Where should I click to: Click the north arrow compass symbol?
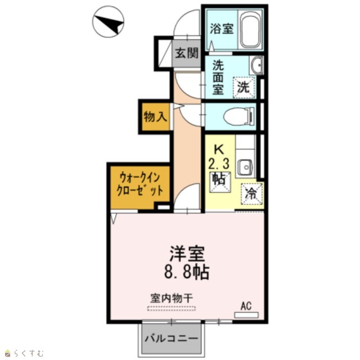click(108, 21)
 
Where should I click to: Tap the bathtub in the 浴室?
click(250, 29)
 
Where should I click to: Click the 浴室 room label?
click(222, 29)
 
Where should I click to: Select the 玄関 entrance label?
click(187, 53)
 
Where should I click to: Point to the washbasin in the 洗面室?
click(256, 65)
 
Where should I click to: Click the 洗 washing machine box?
click(244, 88)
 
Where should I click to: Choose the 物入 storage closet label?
click(155, 116)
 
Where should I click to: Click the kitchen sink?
click(245, 167)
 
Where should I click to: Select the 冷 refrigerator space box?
click(251, 194)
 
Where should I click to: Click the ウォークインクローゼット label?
click(140, 184)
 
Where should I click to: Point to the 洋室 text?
click(187, 254)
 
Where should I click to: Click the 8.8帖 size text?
click(187, 272)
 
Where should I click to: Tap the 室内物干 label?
click(172, 298)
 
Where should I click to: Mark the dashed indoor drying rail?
click(171, 309)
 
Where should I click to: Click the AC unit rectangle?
click(246, 315)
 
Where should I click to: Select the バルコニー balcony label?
click(171, 339)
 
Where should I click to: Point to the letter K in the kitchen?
click(219, 150)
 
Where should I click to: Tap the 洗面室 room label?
click(218, 78)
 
